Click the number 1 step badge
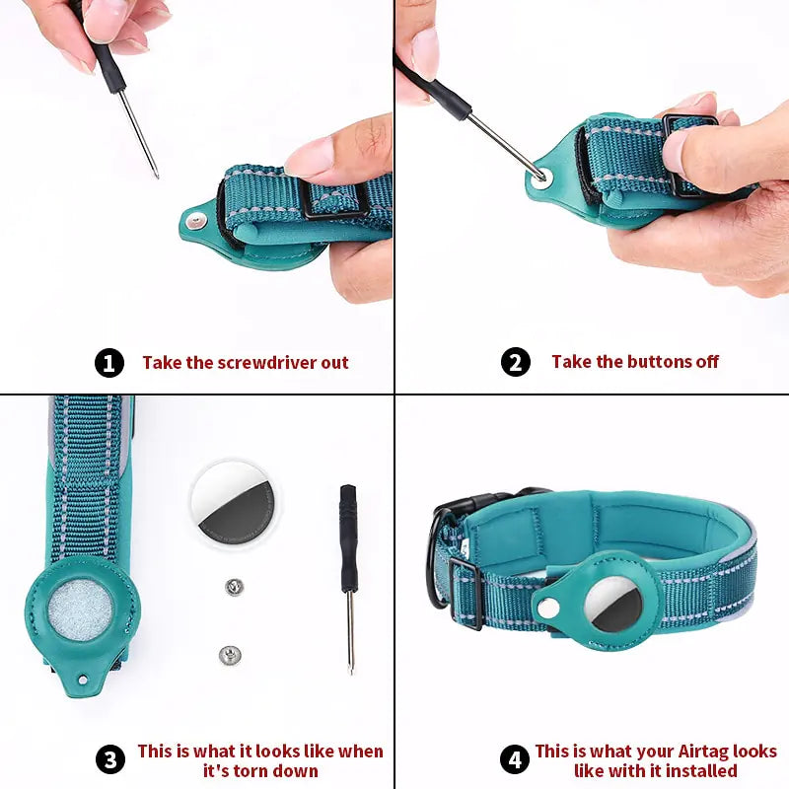point(109,363)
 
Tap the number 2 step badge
point(516,362)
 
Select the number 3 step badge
point(110,760)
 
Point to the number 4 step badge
point(515,760)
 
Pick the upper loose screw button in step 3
point(234,588)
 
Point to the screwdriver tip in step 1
point(156,175)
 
